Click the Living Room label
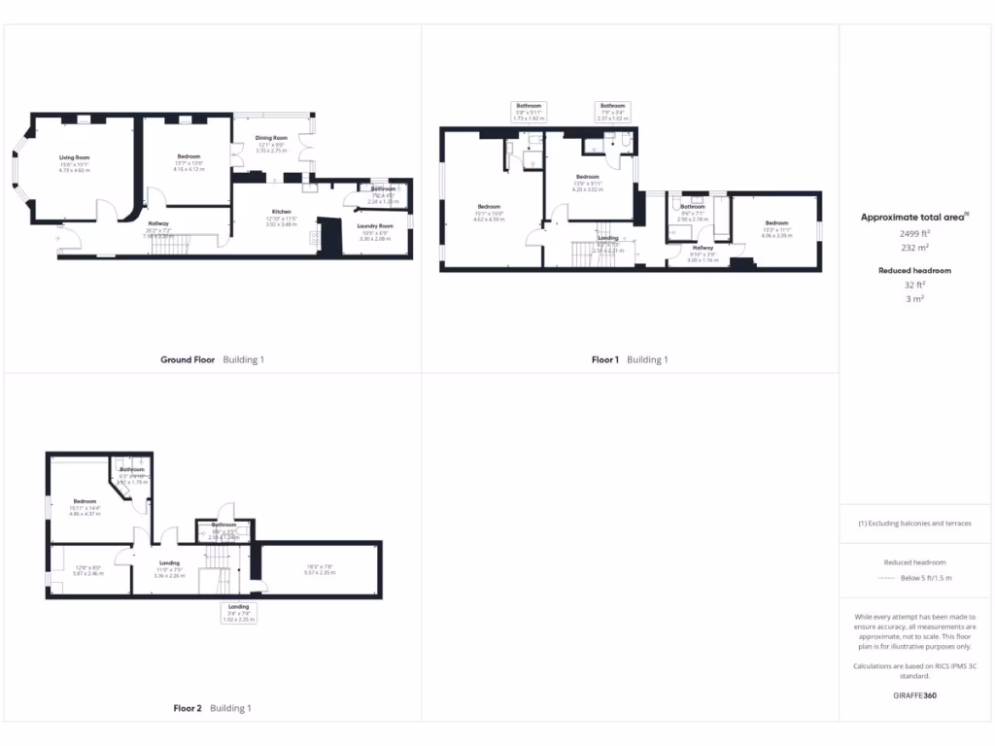click(x=74, y=156)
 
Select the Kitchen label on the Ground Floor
click(x=282, y=211)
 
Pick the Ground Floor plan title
click(x=188, y=359)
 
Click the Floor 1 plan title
click(x=604, y=359)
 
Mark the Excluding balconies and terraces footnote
click(x=914, y=523)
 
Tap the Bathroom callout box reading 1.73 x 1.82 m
click(x=530, y=112)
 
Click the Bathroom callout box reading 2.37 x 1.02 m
click(x=612, y=112)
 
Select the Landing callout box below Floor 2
click(x=238, y=613)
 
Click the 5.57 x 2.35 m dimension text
click(x=320, y=572)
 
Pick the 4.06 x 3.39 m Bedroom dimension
click(x=776, y=235)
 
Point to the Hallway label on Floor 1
click(x=703, y=248)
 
